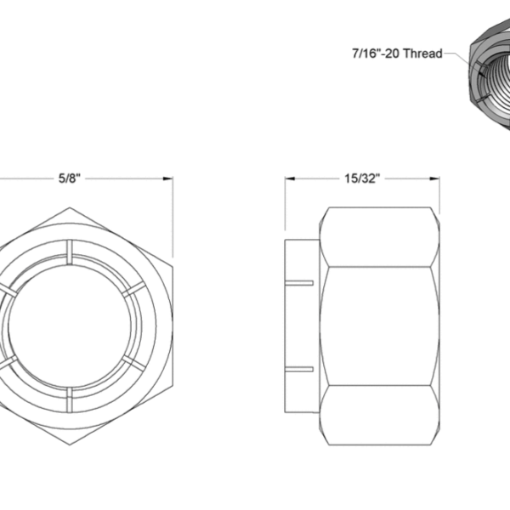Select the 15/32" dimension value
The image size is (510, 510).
pos(362,179)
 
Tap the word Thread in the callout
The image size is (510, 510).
pos(422,54)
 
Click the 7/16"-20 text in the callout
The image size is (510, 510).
pos(376,54)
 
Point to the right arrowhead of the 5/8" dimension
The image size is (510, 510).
pos(168,179)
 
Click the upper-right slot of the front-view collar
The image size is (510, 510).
pos(133,288)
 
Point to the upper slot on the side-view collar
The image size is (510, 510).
pos(302,281)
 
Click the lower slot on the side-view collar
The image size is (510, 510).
pos(302,370)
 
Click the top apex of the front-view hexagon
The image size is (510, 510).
pos(68,207)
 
